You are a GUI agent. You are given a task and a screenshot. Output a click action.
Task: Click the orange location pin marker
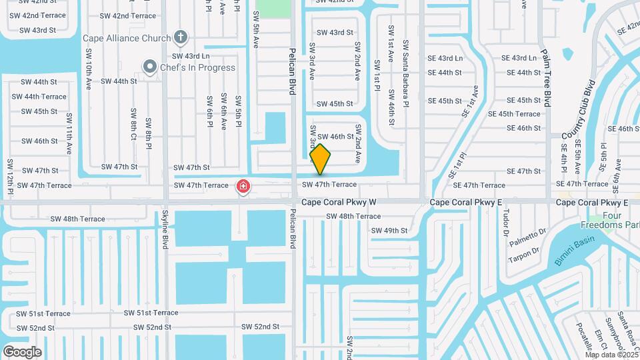[x=320, y=159]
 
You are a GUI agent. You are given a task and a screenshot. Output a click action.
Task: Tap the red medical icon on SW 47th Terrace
[x=243, y=186]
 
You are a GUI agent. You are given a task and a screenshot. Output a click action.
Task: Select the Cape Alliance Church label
[x=127, y=38]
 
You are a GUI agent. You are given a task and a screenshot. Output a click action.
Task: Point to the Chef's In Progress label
[x=197, y=67]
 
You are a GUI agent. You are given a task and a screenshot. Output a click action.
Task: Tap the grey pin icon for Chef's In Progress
[x=150, y=67]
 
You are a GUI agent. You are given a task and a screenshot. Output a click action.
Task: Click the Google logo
[x=22, y=351]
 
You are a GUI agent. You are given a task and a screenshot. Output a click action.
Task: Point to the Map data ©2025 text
[x=611, y=355]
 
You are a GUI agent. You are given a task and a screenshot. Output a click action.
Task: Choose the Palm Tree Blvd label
[x=546, y=77]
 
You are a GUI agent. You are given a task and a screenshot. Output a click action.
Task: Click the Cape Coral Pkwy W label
[x=339, y=202]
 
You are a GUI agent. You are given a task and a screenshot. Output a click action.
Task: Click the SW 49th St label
[x=389, y=231]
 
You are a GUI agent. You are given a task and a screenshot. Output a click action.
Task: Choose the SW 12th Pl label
[x=10, y=174]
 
